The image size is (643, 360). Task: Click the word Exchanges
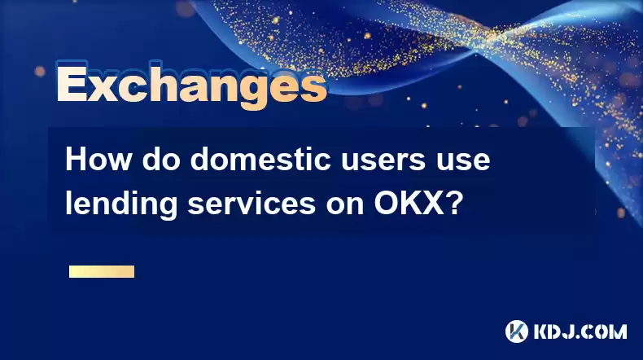pyautogui.click(x=191, y=86)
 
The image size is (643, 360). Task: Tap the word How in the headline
pyautogui.click(x=98, y=160)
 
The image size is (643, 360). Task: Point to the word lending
pyautogui.click(x=121, y=204)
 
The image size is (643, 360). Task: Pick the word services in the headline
pyautogui.click(x=252, y=203)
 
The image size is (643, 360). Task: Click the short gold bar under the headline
pyautogui.click(x=102, y=271)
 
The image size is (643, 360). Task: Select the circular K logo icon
pyautogui.click(x=517, y=331)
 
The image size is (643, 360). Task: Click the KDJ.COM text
pyautogui.click(x=580, y=331)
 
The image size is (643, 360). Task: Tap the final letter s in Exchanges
pyautogui.click(x=313, y=87)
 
